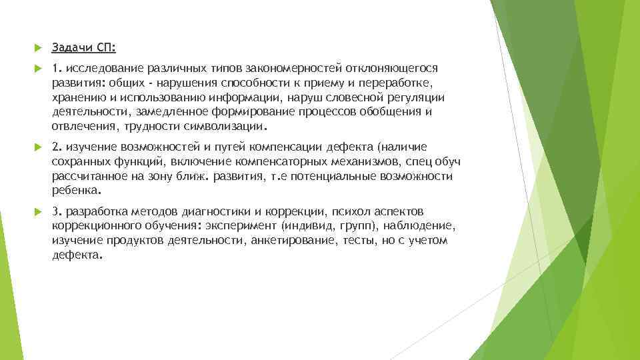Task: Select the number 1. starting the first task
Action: (x=57, y=68)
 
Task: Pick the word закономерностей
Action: (x=287, y=68)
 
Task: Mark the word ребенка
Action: (x=76, y=190)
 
